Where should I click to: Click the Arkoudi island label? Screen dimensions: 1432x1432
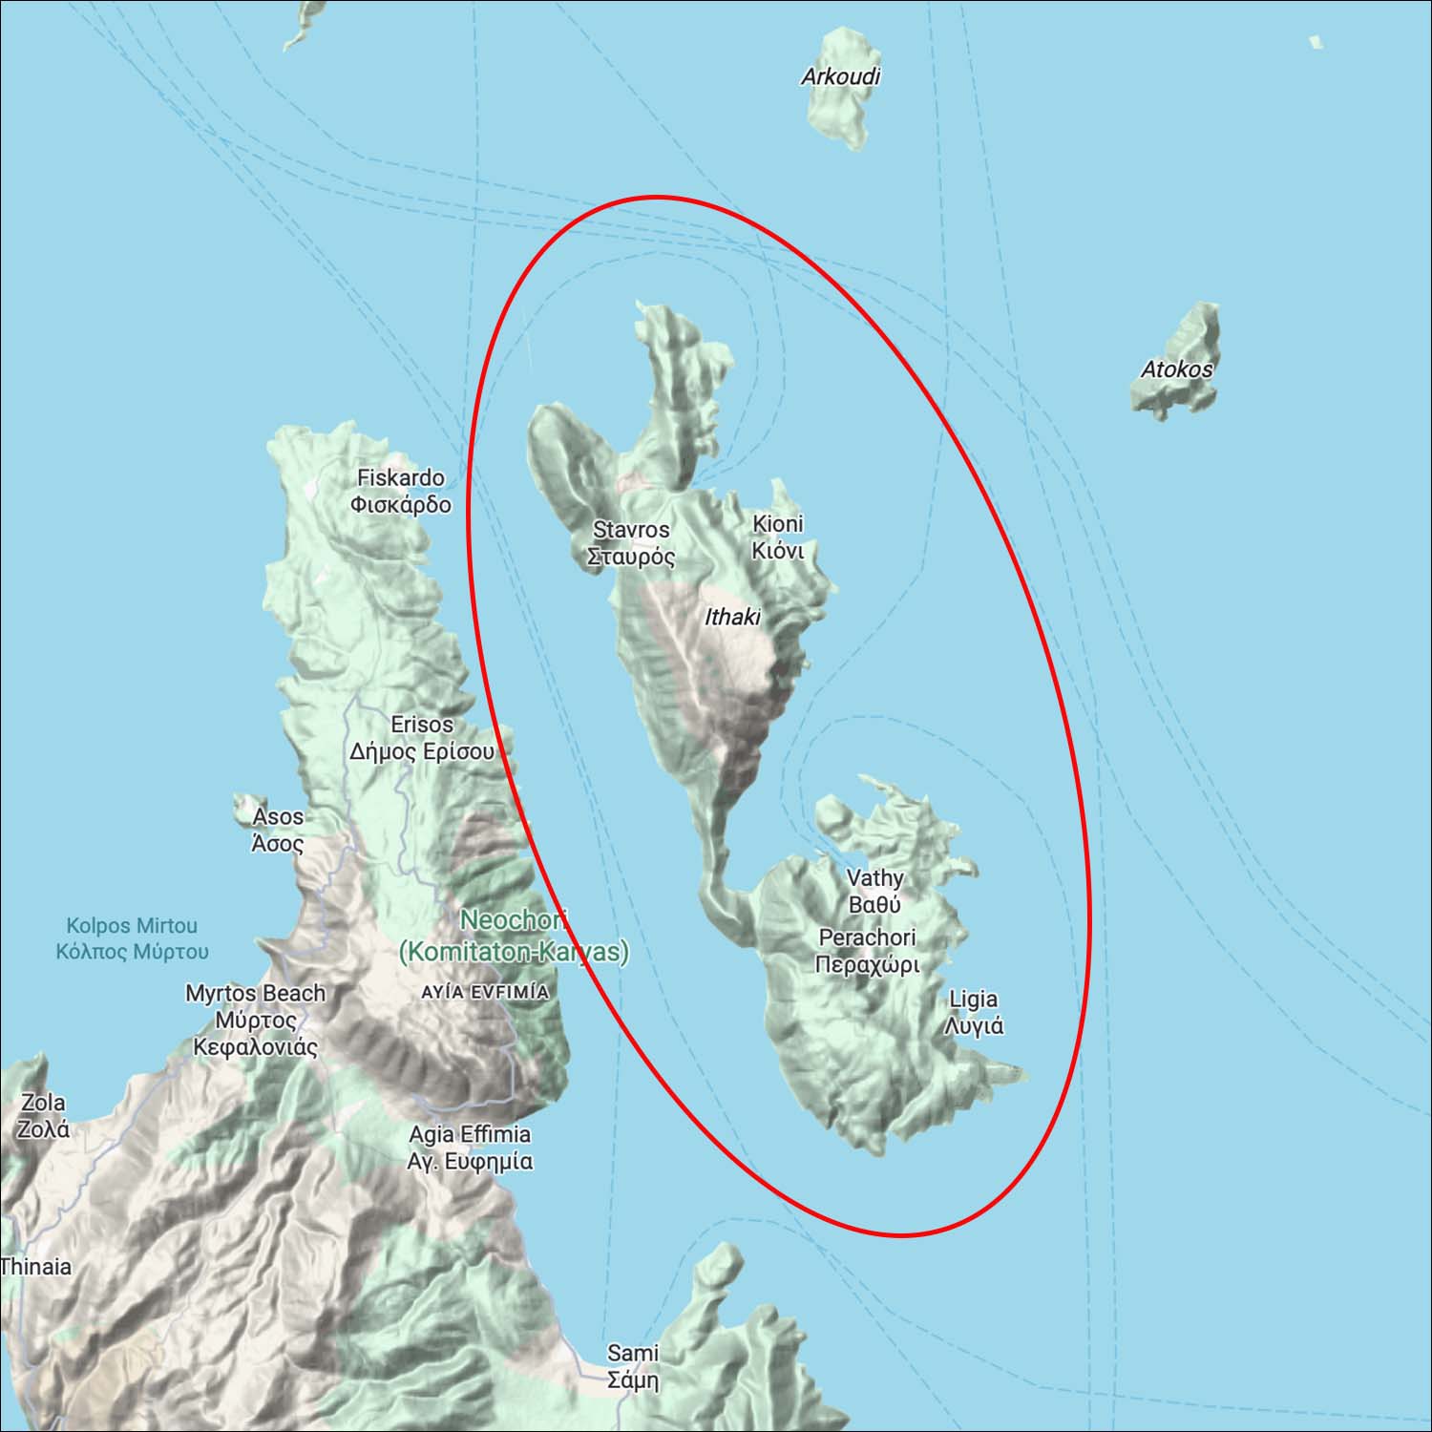840,76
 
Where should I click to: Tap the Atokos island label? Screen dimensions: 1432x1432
1177,369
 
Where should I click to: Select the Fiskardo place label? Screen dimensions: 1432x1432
401,491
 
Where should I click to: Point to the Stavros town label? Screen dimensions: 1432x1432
631,542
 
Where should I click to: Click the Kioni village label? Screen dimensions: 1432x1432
778,537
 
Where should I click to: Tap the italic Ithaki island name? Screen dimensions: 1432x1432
732,618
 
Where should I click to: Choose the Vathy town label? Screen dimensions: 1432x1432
874,890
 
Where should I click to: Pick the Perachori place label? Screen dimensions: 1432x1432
867,951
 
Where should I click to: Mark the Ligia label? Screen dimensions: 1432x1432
974,1012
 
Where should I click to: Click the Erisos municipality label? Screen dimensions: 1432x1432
421,738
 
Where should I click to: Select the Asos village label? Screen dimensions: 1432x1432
278,830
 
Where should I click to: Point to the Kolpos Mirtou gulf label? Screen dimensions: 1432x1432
132,938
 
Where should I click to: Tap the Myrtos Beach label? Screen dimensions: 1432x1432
255,1020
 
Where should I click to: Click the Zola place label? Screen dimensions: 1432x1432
43,1115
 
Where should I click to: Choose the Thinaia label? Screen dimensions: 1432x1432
36,1267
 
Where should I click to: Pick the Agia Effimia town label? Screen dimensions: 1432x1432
470,1148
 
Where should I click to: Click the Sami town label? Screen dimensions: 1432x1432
633,1366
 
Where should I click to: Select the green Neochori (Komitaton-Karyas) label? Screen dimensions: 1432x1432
514,937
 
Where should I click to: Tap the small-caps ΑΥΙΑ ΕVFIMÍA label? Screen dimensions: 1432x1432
485,993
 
